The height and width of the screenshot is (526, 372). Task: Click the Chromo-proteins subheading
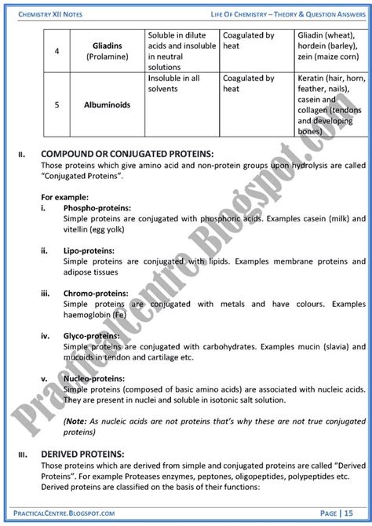pyautogui.click(x=97, y=290)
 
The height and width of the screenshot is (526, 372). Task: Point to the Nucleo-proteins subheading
pyautogui.click(x=94, y=377)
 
